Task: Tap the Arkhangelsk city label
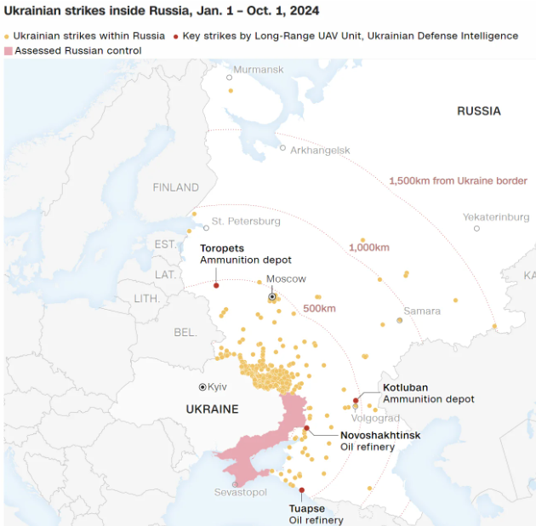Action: coord(320,151)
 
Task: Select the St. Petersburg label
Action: coord(246,221)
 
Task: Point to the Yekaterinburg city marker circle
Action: coord(476,228)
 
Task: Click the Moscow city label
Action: coord(286,279)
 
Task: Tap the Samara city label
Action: coord(422,312)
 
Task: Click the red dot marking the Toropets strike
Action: coord(216,285)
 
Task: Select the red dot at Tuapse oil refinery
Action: coord(301,489)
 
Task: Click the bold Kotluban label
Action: coord(406,387)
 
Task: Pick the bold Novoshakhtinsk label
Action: coord(380,435)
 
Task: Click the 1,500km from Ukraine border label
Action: coord(458,181)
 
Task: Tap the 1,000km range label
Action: coord(368,248)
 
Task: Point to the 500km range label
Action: coord(319,308)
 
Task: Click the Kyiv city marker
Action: coord(202,387)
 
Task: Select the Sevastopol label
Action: coord(241,493)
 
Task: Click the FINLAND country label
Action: coord(175,187)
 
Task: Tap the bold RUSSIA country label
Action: coord(479,111)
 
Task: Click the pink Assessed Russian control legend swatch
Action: coord(9,51)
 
